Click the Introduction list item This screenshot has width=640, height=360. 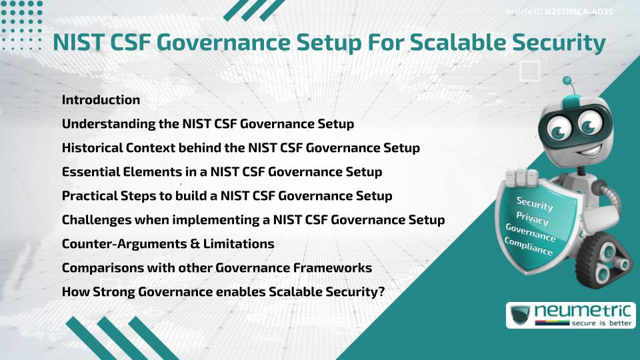(101, 100)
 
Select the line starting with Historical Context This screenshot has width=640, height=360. (241, 148)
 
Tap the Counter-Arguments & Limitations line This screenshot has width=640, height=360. (168, 244)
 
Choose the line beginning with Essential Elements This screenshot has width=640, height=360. (221, 172)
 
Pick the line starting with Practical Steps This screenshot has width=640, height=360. (227, 196)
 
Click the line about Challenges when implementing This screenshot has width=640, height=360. (253, 220)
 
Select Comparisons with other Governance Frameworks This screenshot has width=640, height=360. (217, 268)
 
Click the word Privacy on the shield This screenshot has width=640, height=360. (532, 219)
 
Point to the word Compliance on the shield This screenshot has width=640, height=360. (529, 247)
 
